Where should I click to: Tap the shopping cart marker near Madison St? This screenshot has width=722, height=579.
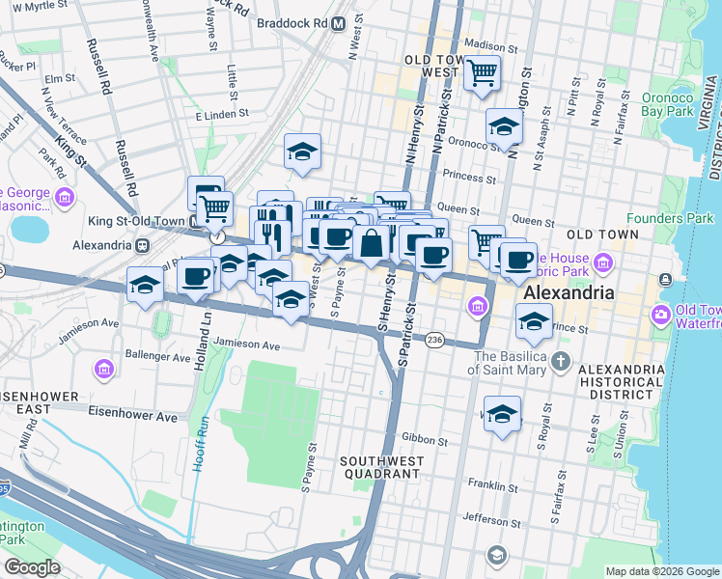click(x=482, y=73)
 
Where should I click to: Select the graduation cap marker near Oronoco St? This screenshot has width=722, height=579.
click(x=503, y=127)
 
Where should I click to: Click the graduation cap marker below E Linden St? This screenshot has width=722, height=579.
click(x=302, y=152)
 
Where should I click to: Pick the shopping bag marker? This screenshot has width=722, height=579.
click(x=371, y=243)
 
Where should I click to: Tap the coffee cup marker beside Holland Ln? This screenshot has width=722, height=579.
click(x=195, y=277)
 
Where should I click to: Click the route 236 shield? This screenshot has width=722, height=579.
click(x=434, y=340)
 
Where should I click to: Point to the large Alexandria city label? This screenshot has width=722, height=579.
click(x=569, y=292)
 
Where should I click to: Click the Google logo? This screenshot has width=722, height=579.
click(x=32, y=566)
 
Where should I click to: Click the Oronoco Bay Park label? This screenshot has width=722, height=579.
click(x=666, y=105)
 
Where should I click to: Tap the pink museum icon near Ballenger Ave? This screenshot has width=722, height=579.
click(x=104, y=368)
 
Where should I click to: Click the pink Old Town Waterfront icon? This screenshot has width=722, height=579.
click(x=661, y=315)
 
